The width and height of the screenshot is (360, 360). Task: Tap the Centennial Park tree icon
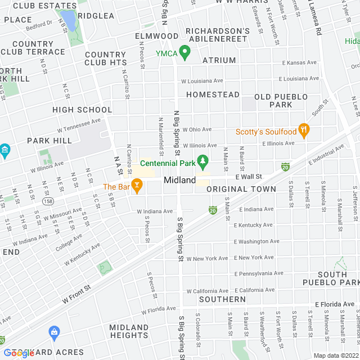pyautogui.click(x=203, y=163)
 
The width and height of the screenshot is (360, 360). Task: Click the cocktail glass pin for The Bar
pyautogui.click(x=137, y=185)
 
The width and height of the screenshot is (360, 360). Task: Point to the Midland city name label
pyautogui.click(x=180, y=180)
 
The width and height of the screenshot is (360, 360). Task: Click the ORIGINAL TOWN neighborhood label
pyautogui.click(x=241, y=189)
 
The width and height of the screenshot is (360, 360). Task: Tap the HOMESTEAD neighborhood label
pyautogui.click(x=213, y=94)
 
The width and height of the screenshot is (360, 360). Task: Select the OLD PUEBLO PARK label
pyautogui.click(x=273, y=101)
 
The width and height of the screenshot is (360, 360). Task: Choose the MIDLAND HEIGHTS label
pyautogui.click(x=129, y=331)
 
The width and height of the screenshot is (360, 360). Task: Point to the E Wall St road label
pyautogui.click(x=249, y=177)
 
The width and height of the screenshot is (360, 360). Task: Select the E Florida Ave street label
pyautogui.click(x=334, y=304)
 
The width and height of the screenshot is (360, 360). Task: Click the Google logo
pyautogui.click(x=19, y=353)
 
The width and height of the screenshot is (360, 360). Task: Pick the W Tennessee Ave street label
pyautogui.click(x=78, y=125)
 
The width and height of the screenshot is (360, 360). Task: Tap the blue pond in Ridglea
pyautogui.click(x=70, y=20)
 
